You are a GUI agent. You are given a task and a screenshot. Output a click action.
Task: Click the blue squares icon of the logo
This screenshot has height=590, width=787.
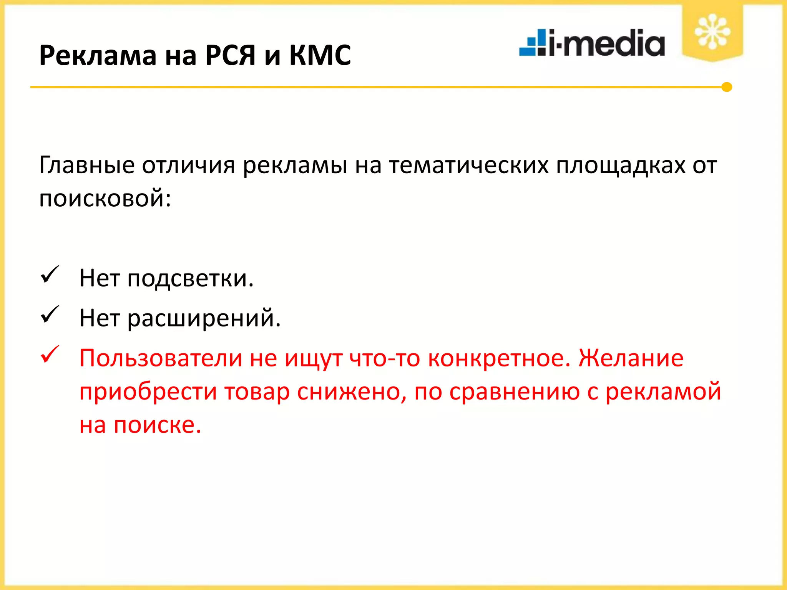point(533,43)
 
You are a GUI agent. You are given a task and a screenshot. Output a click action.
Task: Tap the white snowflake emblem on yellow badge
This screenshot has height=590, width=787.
point(712,31)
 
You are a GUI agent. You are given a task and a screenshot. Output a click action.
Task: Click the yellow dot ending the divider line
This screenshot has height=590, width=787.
point(726,87)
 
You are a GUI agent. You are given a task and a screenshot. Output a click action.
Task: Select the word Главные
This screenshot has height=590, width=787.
point(87,166)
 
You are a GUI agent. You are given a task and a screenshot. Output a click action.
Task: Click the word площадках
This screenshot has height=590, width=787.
point(621,166)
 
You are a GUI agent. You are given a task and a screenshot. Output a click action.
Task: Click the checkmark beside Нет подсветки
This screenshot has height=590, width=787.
point(50,275)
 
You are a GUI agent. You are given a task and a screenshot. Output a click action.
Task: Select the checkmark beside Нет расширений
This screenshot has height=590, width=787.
point(50,315)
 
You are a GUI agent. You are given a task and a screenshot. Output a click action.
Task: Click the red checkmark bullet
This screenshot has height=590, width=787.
point(50,355)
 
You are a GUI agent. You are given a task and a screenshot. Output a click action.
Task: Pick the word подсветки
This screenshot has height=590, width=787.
point(190,278)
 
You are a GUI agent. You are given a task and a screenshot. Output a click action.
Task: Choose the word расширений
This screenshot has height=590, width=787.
point(204,318)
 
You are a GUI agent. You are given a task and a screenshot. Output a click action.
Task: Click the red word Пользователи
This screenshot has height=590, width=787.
point(161,358)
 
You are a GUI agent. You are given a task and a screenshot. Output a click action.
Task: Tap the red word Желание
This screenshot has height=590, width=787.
point(631,358)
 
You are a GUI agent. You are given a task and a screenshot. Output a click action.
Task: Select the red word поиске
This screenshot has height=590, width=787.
point(158,425)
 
